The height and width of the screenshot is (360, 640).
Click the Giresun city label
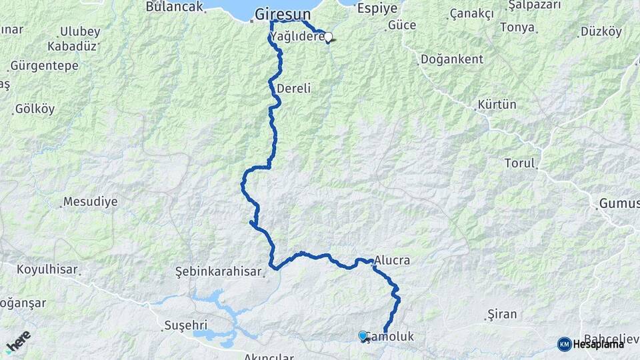point(283,13)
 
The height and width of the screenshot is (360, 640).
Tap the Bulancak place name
point(173,7)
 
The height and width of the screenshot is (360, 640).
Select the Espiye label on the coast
point(377,8)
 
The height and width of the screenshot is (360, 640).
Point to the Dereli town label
point(294,88)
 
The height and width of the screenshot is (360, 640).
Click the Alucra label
point(392,260)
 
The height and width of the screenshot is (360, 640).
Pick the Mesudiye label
point(90,201)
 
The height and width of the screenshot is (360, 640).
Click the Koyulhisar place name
point(47,270)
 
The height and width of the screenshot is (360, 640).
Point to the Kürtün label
point(497,105)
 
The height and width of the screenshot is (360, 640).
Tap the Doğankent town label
point(452,59)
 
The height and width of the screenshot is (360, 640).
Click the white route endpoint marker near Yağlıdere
point(328,37)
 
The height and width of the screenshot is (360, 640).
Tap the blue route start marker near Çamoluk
point(363,335)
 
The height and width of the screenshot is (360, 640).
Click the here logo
point(19,341)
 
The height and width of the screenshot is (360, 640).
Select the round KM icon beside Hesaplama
point(564,344)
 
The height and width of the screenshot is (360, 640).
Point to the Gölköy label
point(33,108)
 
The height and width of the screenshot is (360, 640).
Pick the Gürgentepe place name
point(44,66)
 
